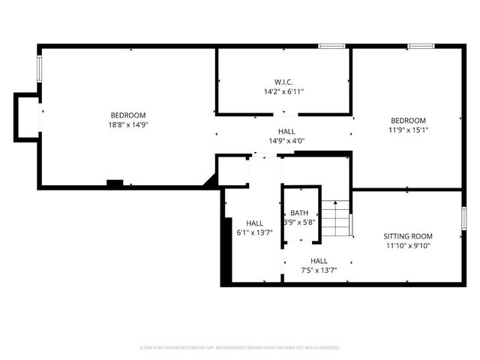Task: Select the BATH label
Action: click(299, 213)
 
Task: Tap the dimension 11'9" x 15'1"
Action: click(408, 130)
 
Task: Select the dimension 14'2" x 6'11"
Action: click(283, 91)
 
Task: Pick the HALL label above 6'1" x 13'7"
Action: click(254, 223)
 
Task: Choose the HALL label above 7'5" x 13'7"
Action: click(319, 260)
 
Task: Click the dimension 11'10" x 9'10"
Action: click(408, 245)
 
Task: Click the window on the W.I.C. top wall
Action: click(331, 46)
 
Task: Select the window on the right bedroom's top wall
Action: click(420, 46)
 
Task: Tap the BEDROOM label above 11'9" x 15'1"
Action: click(408, 121)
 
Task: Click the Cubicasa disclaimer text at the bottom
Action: click(240, 348)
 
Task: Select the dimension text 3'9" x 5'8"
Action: click(299, 223)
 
